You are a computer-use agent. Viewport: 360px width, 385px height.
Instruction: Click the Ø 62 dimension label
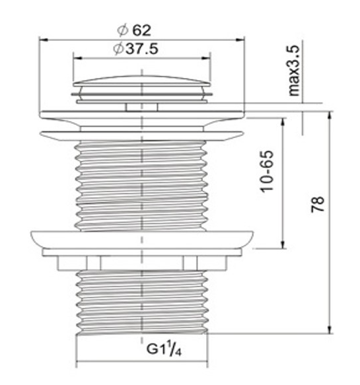pos(134,30)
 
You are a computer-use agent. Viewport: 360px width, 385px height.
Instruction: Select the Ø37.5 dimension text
pos(135,49)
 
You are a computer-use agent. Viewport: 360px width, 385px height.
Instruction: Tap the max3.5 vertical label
pos(294,71)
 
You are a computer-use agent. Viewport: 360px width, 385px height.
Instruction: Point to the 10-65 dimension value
pos(266,172)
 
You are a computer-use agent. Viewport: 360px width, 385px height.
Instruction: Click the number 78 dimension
pos(318,204)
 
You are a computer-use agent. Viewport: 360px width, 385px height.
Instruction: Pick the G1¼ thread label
pos(164,348)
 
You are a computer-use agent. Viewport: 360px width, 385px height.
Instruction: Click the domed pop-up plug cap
pos(142,81)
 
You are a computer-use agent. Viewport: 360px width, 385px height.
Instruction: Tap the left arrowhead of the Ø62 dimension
pos(43,40)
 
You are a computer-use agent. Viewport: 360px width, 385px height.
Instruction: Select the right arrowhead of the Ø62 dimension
pos(240,40)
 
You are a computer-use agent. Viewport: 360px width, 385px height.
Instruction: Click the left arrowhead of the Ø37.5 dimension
pos(77,58)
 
